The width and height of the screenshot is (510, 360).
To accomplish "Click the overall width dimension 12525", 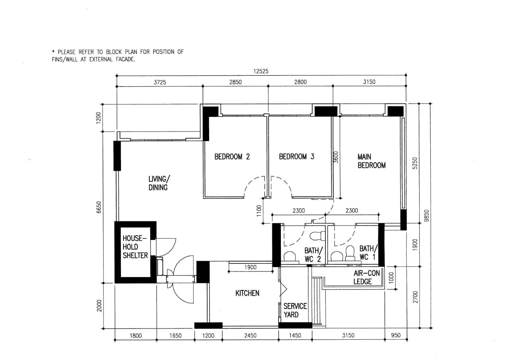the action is point(261,71).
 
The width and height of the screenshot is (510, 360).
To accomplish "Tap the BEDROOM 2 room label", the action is point(232,157).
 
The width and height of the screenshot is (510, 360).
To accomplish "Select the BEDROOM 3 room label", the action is point(296,157).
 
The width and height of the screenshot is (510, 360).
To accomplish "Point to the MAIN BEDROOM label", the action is point(372,161).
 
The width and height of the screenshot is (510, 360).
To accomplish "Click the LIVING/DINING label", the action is point(159,183).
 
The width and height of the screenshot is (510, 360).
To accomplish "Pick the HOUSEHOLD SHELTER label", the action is point(135,247).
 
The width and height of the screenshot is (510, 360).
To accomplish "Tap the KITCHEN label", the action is point(247,293).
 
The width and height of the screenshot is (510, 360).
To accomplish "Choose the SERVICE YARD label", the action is point(295,310).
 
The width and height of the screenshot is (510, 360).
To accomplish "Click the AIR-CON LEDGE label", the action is point(367,277).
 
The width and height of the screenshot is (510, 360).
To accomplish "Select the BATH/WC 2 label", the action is point(314,255).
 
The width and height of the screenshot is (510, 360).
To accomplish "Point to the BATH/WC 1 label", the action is point(369,252).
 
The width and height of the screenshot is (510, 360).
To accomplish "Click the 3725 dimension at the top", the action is point(160,82).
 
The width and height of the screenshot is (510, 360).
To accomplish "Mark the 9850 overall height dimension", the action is point(427,216).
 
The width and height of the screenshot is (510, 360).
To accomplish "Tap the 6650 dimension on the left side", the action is point(98,207).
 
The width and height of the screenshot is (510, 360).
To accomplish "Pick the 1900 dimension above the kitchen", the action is point(251,267).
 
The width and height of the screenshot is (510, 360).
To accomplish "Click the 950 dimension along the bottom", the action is point(396,335).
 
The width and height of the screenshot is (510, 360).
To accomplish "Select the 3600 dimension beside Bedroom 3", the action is point(336,157).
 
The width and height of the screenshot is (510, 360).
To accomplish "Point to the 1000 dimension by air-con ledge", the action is point(391,278).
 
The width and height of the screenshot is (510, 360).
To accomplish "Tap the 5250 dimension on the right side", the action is point(415,163).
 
